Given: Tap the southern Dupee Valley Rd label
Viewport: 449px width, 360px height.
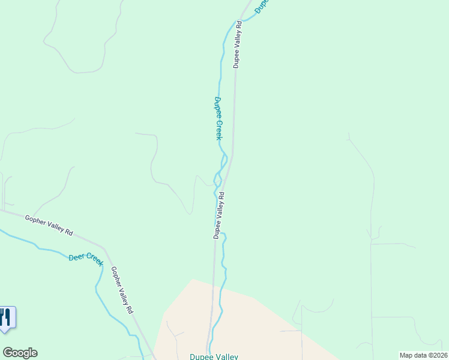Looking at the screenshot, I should [x=219, y=215].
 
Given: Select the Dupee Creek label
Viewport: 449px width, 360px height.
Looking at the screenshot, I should [x=218, y=119].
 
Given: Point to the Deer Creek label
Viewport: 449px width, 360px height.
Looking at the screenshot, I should [x=86, y=258].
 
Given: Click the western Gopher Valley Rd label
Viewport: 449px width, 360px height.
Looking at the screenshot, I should [x=49, y=224].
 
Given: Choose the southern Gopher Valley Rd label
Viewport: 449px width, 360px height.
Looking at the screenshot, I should [x=121, y=291].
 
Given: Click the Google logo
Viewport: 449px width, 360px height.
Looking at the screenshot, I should [x=20, y=353].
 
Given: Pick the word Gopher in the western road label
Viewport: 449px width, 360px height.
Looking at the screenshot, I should [x=35, y=220].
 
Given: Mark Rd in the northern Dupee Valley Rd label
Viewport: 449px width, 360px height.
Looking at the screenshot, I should [x=239, y=26].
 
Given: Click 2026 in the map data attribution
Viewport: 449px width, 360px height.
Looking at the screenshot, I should [x=439, y=355].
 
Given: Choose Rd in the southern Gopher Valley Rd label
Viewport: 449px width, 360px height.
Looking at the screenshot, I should [x=128, y=310].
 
